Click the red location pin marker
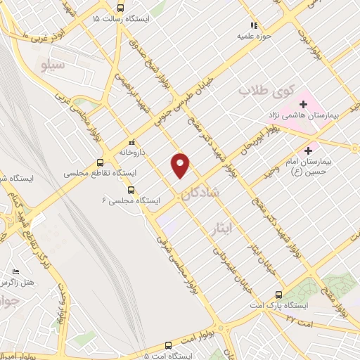click(181, 165)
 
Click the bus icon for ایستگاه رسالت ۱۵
click(120, 8)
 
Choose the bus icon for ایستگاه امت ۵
click(167, 346)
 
